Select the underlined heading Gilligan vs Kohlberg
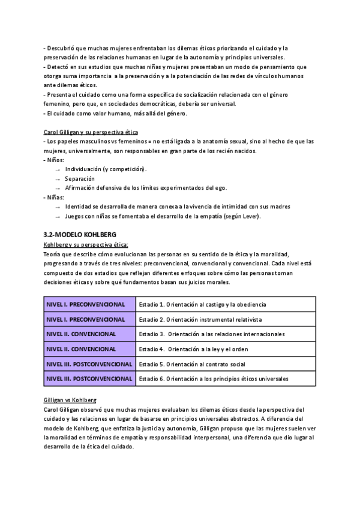[x=70, y=400]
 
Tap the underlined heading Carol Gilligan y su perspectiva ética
[x=91, y=131]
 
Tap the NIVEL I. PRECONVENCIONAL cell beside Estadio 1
[x=86, y=305]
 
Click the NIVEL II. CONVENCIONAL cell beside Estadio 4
[x=81, y=349]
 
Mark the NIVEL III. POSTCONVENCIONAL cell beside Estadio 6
[x=89, y=379]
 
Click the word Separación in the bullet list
[x=80, y=178]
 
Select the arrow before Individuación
[x=58, y=169]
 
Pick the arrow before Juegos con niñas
[x=58, y=216]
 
